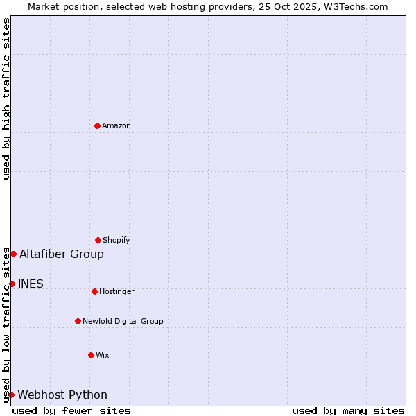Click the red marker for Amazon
click(97, 125)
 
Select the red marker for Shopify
click(98, 240)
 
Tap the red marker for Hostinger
click(94, 291)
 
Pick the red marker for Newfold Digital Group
click(78, 321)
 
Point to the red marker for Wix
click(91, 355)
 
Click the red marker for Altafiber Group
click(13, 254)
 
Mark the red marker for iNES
click(12, 284)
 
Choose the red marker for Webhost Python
click(11, 395)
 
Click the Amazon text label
click(116, 126)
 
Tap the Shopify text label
click(116, 241)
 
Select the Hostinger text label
click(116, 292)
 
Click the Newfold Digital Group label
click(123, 322)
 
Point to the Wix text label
click(103, 356)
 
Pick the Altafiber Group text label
click(62, 254)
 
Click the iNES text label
click(31, 284)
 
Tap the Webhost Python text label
click(62, 395)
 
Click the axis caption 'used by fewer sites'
click(71, 410)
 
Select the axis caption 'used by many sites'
click(348, 410)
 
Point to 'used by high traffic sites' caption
click(6, 98)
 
